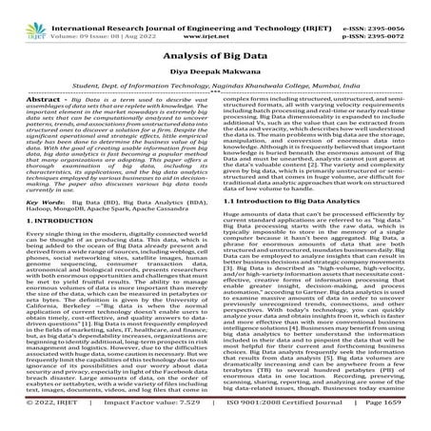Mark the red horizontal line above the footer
click(215, 416)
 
